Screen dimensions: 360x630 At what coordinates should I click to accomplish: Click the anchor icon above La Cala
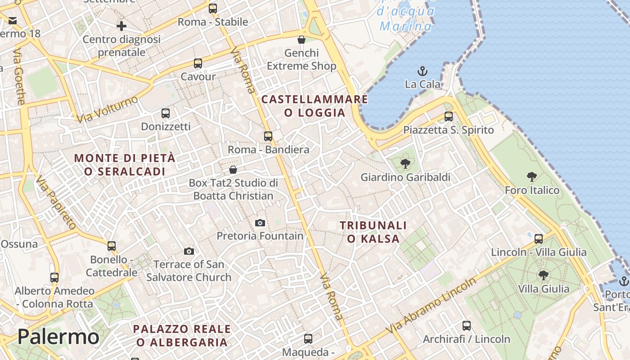pos(423,71)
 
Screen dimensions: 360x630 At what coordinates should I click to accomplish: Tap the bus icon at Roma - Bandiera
pos(268,136)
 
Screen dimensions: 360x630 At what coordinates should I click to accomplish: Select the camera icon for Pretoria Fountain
pos(260,223)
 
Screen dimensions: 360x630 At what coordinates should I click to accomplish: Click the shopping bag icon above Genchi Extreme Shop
pos(301,40)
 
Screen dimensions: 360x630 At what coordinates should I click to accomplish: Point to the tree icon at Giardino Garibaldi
pos(405,163)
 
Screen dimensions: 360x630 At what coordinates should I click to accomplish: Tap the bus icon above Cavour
pos(198,63)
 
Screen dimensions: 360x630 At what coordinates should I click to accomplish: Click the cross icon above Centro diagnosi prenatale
pos(121,26)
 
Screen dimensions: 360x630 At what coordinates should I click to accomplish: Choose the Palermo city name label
pos(58,337)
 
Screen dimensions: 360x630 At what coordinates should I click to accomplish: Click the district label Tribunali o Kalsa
pos(373,232)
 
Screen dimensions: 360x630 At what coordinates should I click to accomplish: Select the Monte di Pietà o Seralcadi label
pos(125,165)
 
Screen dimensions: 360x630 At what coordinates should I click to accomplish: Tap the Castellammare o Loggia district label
pos(315,106)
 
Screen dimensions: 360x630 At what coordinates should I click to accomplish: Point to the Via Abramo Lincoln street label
pos(431,306)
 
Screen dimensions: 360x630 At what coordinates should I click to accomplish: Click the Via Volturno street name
pos(107,109)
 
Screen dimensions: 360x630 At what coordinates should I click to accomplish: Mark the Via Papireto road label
pos(56,202)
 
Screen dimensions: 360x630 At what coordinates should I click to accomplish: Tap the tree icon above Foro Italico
pos(531,176)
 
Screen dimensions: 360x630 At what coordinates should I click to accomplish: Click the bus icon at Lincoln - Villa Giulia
pos(539,238)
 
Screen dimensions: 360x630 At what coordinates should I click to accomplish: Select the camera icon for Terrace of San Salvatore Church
pos(189,251)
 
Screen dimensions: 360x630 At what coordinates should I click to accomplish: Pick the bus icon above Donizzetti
pos(166,113)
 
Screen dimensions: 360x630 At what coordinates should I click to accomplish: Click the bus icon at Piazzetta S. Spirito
pos(448,117)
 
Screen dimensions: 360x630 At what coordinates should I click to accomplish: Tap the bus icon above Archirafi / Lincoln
pos(467,325)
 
